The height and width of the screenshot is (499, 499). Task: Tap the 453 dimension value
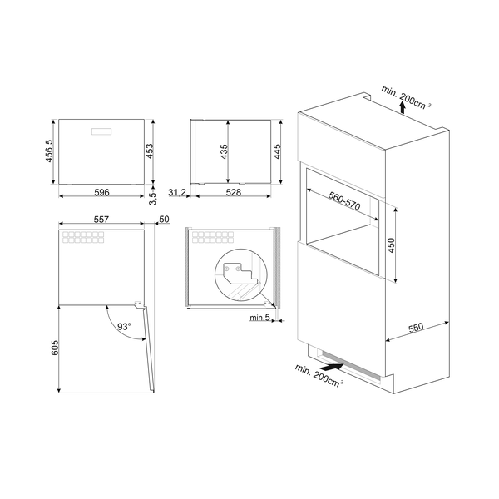point(151,150)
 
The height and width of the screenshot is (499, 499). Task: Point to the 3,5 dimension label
point(151,200)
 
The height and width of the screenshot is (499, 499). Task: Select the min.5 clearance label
point(258,318)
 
